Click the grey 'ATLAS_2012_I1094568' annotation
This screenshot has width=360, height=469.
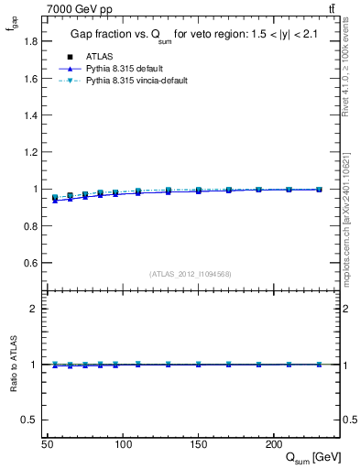tap(191, 273)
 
